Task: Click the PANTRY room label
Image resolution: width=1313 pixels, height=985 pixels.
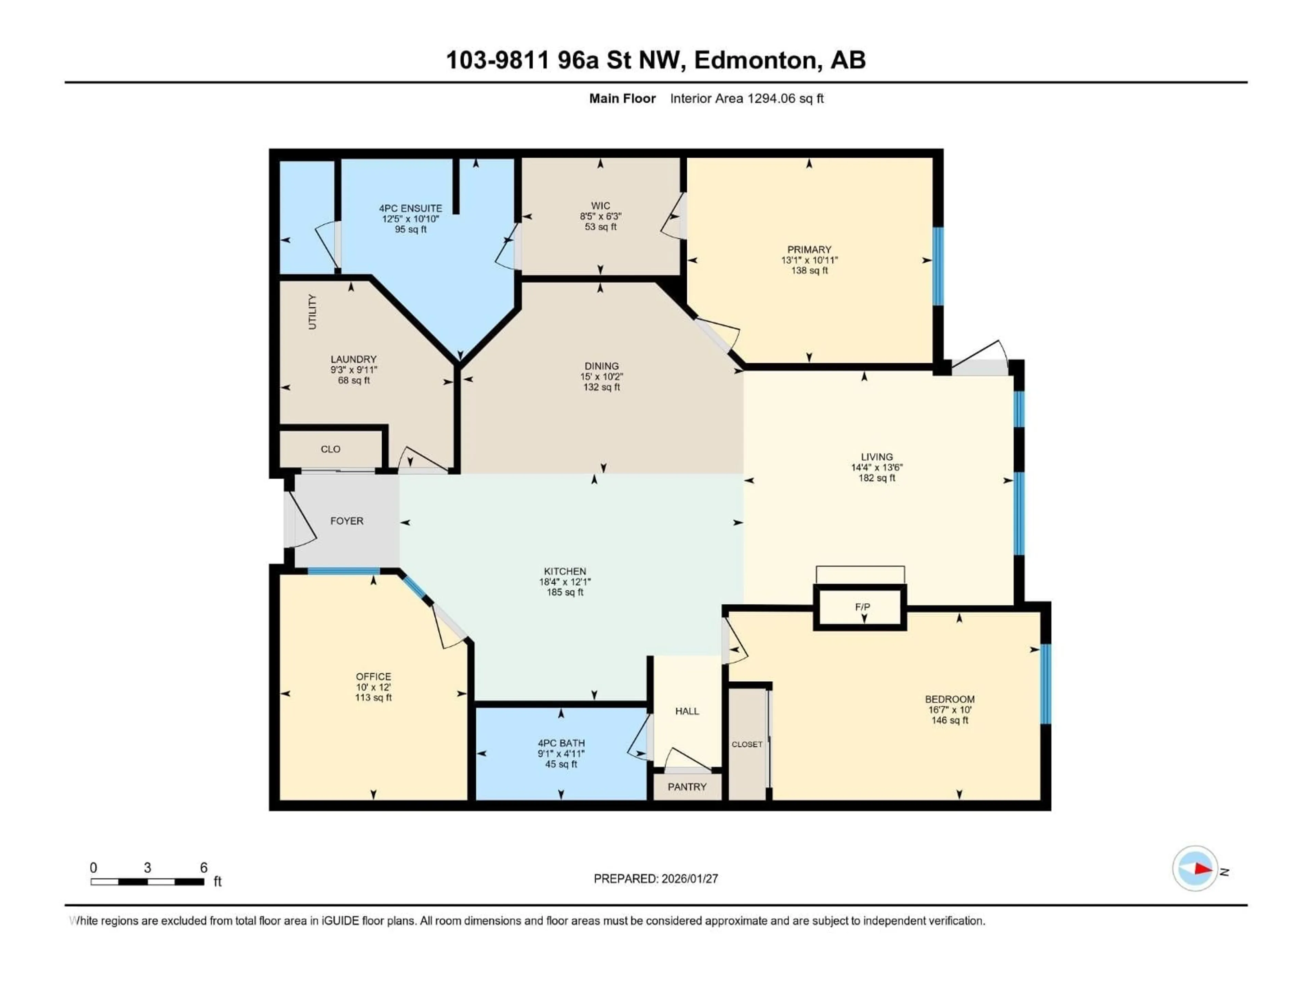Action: click(x=687, y=787)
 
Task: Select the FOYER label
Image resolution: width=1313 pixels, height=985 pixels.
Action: click(x=347, y=521)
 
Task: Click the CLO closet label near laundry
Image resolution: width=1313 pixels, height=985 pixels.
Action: click(x=331, y=449)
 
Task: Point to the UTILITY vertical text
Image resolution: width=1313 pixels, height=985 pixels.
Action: click(x=312, y=312)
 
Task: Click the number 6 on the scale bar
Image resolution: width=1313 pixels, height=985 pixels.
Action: click(x=203, y=867)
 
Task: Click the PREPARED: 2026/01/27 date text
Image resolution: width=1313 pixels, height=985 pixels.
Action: click(x=655, y=879)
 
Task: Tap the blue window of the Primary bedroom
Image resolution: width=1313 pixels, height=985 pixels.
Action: click(x=938, y=266)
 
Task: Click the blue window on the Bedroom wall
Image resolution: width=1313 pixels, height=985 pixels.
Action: click(x=1046, y=684)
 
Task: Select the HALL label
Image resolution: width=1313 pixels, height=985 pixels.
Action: click(x=687, y=711)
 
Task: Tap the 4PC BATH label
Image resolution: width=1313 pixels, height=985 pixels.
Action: click(x=561, y=743)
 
